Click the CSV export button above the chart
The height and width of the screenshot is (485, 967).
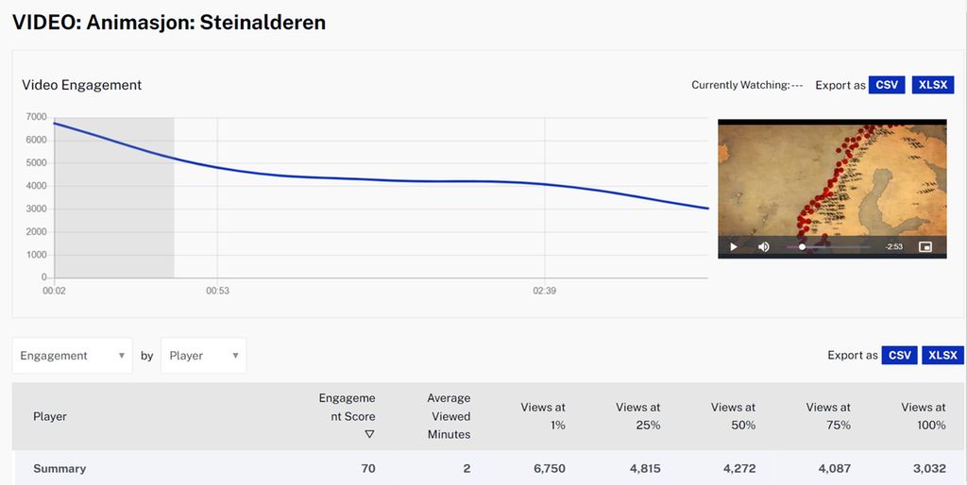(x=887, y=85)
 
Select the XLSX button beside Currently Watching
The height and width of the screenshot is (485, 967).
(x=933, y=85)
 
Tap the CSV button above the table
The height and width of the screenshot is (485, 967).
(x=900, y=355)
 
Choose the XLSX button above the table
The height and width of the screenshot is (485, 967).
(x=942, y=355)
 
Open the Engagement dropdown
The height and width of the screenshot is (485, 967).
(x=73, y=356)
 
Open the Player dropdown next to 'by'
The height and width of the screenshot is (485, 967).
(x=203, y=356)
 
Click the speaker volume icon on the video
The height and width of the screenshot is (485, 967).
(x=764, y=247)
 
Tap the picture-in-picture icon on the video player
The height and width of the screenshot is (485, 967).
(x=925, y=247)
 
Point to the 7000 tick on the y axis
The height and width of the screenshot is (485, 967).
(x=36, y=117)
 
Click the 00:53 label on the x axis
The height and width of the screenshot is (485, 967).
(x=217, y=291)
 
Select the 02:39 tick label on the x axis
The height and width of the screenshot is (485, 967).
(x=544, y=291)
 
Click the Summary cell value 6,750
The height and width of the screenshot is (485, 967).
(x=546, y=468)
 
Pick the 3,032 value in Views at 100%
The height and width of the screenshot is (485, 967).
(x=926, y=468)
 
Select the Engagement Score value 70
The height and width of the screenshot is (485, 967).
(x=367, y=468)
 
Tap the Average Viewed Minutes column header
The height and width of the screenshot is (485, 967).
(x=449, y=416)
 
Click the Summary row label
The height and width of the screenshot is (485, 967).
(x=59, y=468)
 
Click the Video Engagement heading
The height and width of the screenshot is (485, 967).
(x=82, y=85)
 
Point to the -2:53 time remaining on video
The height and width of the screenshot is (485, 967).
(x=893, y=247)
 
